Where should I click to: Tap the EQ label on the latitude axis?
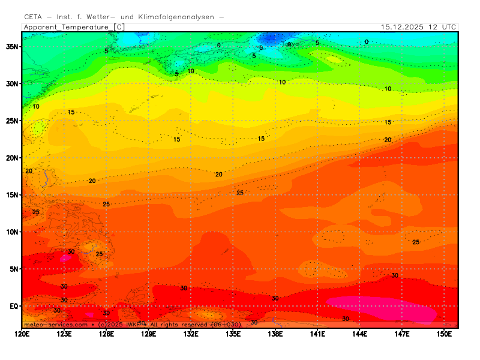pos(14,306)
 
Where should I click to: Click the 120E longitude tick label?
pos(22,334)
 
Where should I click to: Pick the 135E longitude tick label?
pos(233,334)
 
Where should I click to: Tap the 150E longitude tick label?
pos(444,334)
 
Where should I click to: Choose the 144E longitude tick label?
pos(359,334)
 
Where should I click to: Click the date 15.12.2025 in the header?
pos(403,27)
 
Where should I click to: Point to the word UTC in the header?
pos(448,27)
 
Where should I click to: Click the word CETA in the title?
pos(33,17)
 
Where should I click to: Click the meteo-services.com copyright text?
pos(56,325)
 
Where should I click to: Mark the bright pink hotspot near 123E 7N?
pos(64,258)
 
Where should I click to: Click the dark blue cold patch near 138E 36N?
pos(274,40)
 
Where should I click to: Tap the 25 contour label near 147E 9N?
pos(416,242)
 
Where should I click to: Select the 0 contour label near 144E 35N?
pos(367,42)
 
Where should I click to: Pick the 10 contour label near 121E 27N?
pos(36,107)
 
